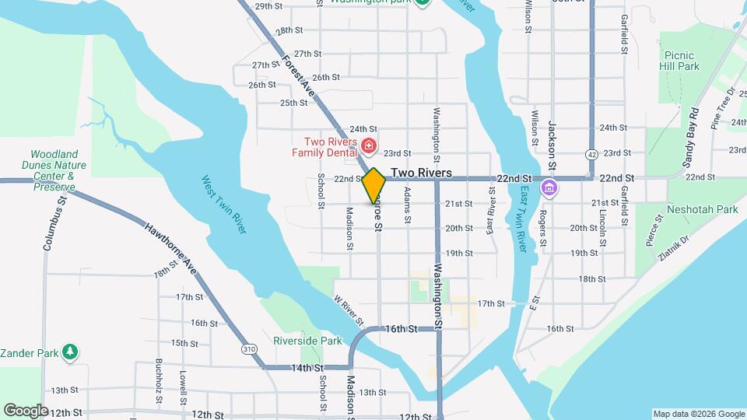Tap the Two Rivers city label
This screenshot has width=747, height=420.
pos(421,173)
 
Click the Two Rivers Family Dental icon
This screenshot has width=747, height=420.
pos(368,145)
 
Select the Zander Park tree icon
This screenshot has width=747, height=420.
pos(70,352)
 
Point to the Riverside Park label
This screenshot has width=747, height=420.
pos(307,341)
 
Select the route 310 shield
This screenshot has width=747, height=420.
pos(249,350)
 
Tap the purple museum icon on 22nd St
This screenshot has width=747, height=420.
pos(550,187)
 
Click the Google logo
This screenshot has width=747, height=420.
pos(26,410)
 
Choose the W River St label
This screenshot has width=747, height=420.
pos(349,310)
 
